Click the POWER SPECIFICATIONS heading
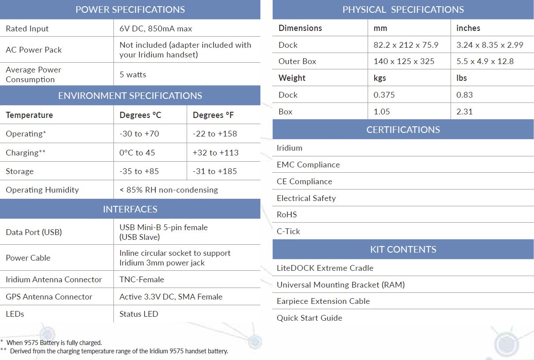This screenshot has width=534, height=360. tap(130, 10)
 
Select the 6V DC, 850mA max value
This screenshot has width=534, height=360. tap(156, 29)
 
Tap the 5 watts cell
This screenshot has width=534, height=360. tap(133, 75)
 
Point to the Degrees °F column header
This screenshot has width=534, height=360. tap(213, 115)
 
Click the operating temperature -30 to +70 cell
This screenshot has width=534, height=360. tap(139, 134)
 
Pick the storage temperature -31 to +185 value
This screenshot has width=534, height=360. tap(215, 171)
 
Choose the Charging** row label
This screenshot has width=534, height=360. tap(26, 153)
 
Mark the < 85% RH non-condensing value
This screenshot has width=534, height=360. tap(169, 190)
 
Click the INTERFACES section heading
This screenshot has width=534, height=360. tap(130, 209)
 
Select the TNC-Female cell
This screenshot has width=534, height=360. tap(142, 280)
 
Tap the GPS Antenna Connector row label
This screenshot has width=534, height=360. tap(49, 297)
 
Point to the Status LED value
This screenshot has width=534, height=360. tap(139, 314)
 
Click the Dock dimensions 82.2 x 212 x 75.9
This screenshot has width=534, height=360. tap(406, 45)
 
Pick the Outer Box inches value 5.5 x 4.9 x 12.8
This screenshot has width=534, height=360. tap(485, 61)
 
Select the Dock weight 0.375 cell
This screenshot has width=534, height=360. tap(384, 95)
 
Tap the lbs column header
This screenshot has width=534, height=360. tap(462, 78)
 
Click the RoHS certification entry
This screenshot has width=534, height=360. tap(287, 215)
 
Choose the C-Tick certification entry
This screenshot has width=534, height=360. tap(289, 231)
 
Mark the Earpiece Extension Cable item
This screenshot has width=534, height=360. tap(323, 301)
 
